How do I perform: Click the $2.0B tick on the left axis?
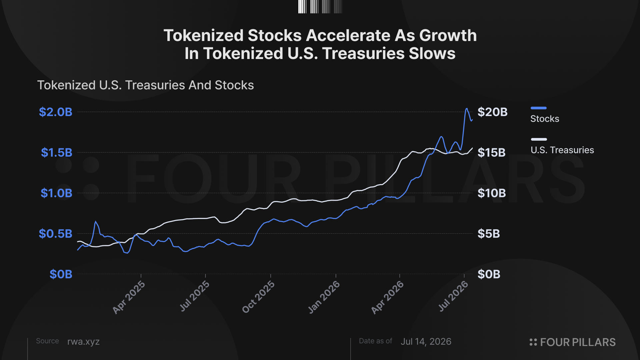coord(56,112)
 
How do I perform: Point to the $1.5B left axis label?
coord(57,153)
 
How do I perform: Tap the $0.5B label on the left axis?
coord(56,234)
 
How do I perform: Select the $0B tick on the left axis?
coord(61,274)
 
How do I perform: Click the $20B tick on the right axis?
coord(493,112)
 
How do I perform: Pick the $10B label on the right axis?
coord(492,193)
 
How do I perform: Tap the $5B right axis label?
coord(489,234)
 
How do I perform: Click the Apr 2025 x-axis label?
coord(129,297)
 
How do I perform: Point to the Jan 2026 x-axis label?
coord(324,297)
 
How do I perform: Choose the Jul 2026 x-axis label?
coord(453,296)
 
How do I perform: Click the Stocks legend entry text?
coord(545,119)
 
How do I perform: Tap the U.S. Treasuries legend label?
coord(562,150)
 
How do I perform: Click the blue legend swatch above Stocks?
coord(539,108)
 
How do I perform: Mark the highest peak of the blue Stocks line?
coord(467,108)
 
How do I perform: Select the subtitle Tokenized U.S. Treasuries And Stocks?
coord(145,85)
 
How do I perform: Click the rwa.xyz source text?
coord(83,342)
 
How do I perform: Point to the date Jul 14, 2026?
coord(426,342)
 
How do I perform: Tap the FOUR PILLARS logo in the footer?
coord(573,342)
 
